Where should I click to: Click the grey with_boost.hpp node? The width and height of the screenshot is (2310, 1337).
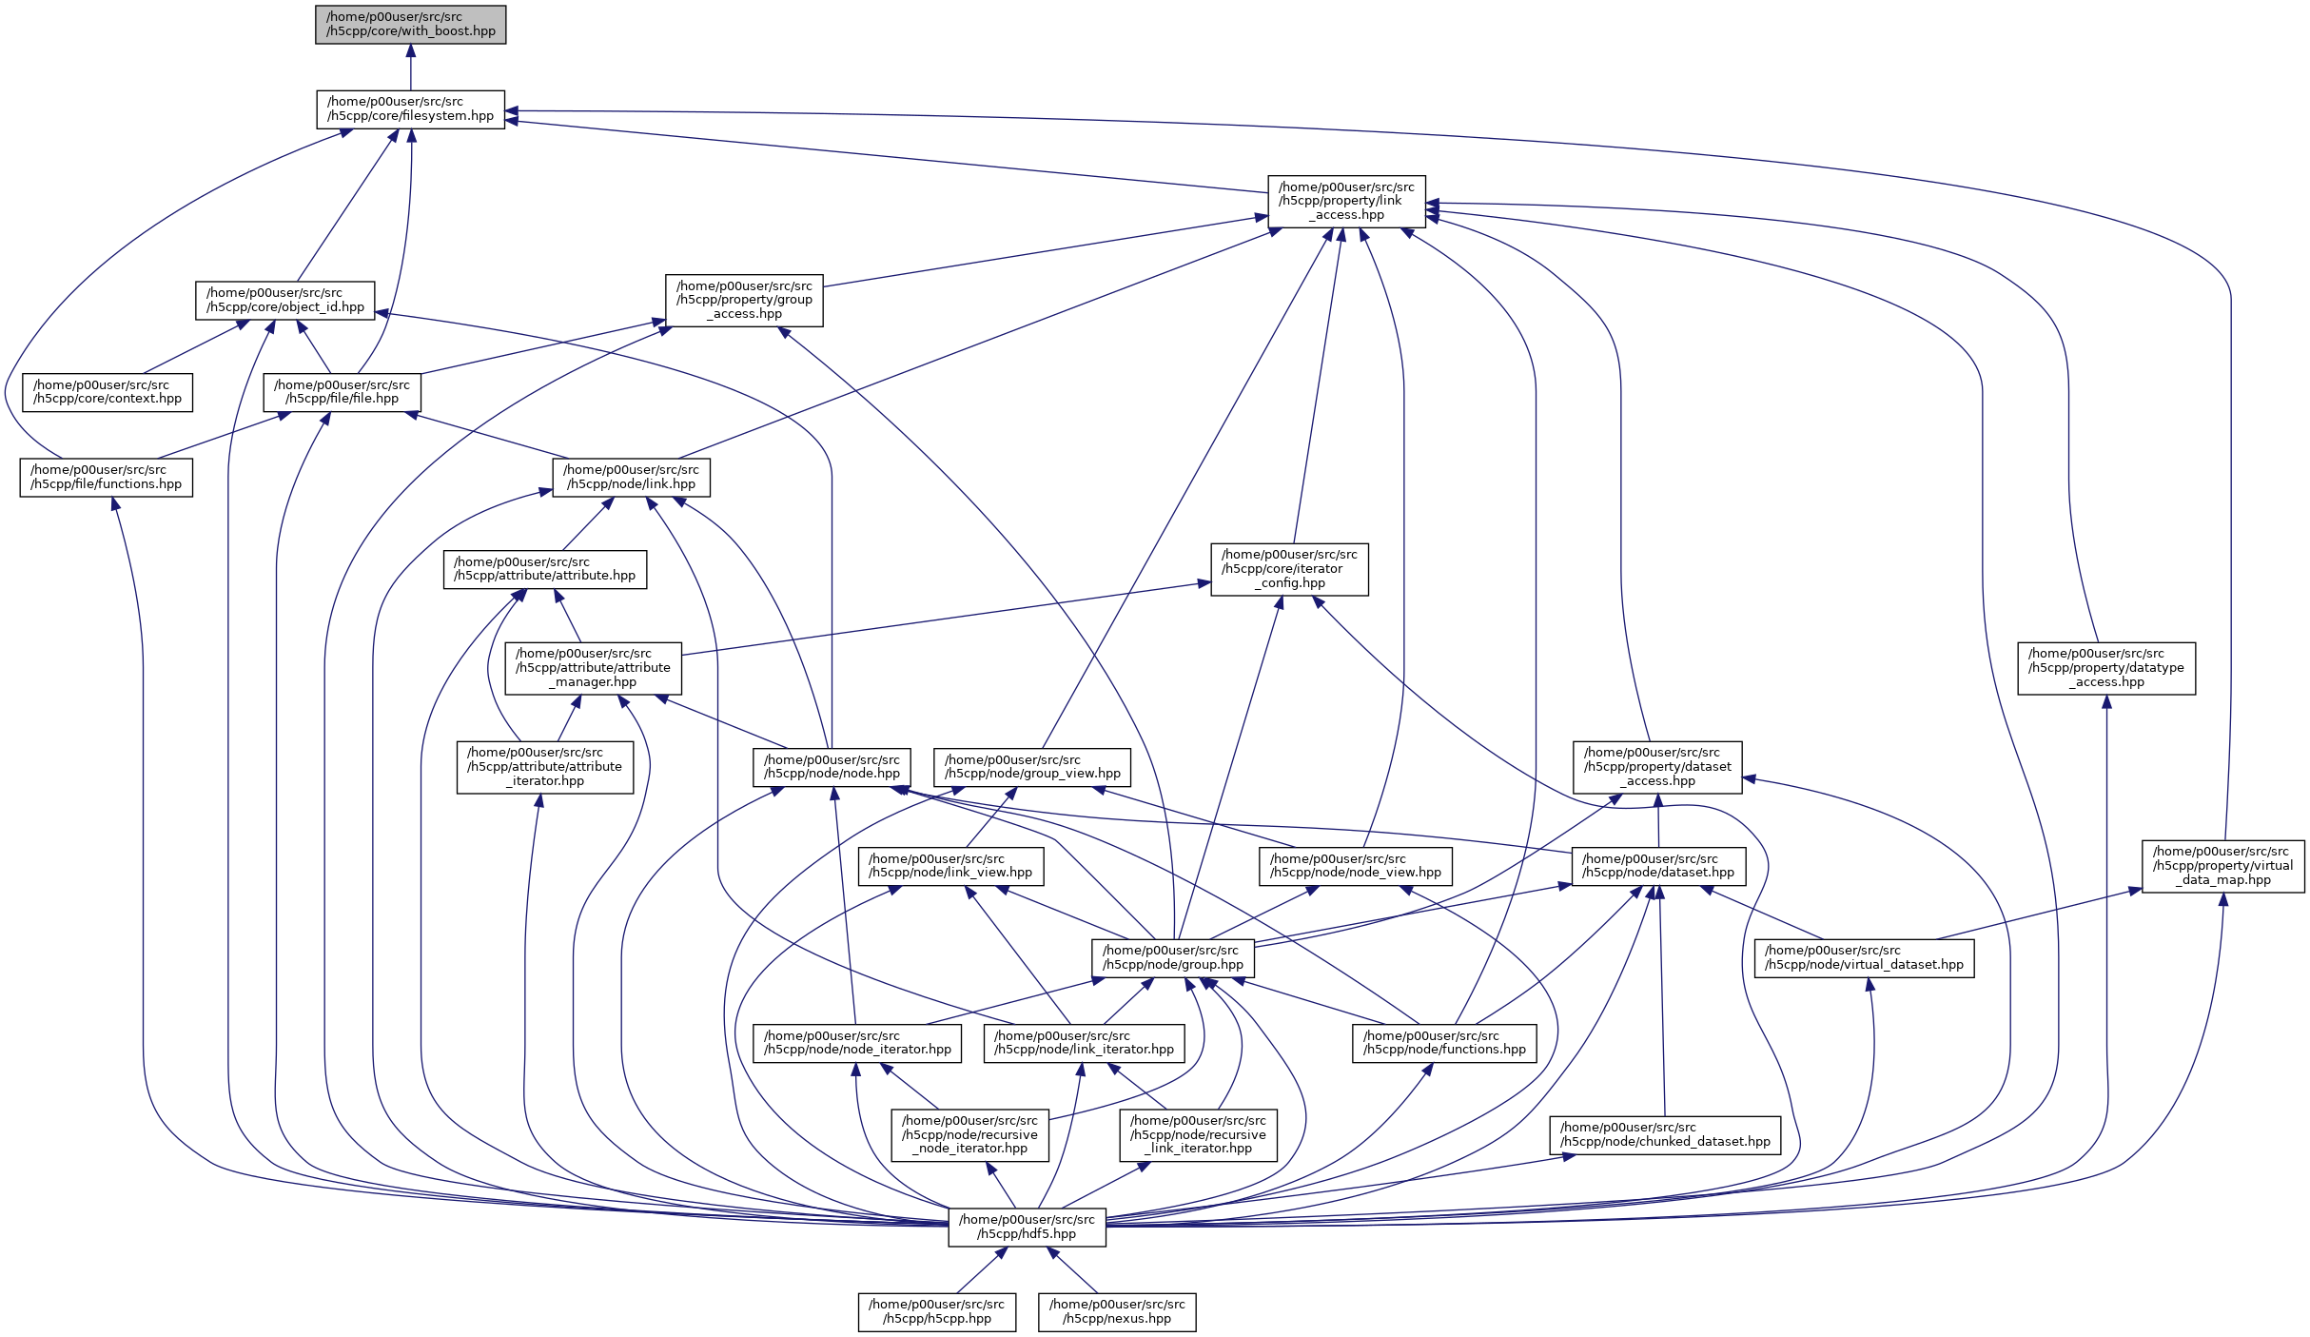410,24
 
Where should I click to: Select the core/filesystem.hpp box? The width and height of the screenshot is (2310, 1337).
410,108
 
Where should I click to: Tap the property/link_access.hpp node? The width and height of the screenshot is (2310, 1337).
1346,201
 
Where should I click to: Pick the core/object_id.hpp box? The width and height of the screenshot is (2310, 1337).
284,300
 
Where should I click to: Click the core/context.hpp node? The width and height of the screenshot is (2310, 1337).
108,392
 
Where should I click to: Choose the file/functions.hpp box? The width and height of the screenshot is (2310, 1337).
106,477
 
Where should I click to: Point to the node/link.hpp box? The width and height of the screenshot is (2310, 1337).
631,477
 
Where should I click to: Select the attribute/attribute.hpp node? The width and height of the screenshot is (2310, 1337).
544,569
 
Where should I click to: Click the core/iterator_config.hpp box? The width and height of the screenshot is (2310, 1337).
1289,569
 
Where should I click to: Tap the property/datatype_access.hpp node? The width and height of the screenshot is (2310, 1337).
2105,668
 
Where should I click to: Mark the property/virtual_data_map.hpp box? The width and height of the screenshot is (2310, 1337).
2222,866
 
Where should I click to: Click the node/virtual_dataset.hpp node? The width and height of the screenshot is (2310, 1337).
1864,957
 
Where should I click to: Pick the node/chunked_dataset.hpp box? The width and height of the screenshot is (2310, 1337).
1664,1134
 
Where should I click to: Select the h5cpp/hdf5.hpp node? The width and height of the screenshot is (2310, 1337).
1027,1227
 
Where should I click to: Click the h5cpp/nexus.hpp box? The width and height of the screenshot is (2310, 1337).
1117,1311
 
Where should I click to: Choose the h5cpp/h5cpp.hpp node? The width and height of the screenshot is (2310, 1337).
936,1311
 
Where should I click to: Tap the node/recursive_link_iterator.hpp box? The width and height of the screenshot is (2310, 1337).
1198,1134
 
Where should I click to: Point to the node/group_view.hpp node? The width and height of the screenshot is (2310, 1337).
1032,767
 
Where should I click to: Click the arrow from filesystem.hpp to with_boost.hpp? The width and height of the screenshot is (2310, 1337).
410,67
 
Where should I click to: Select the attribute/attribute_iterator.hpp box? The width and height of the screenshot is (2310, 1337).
544,767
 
